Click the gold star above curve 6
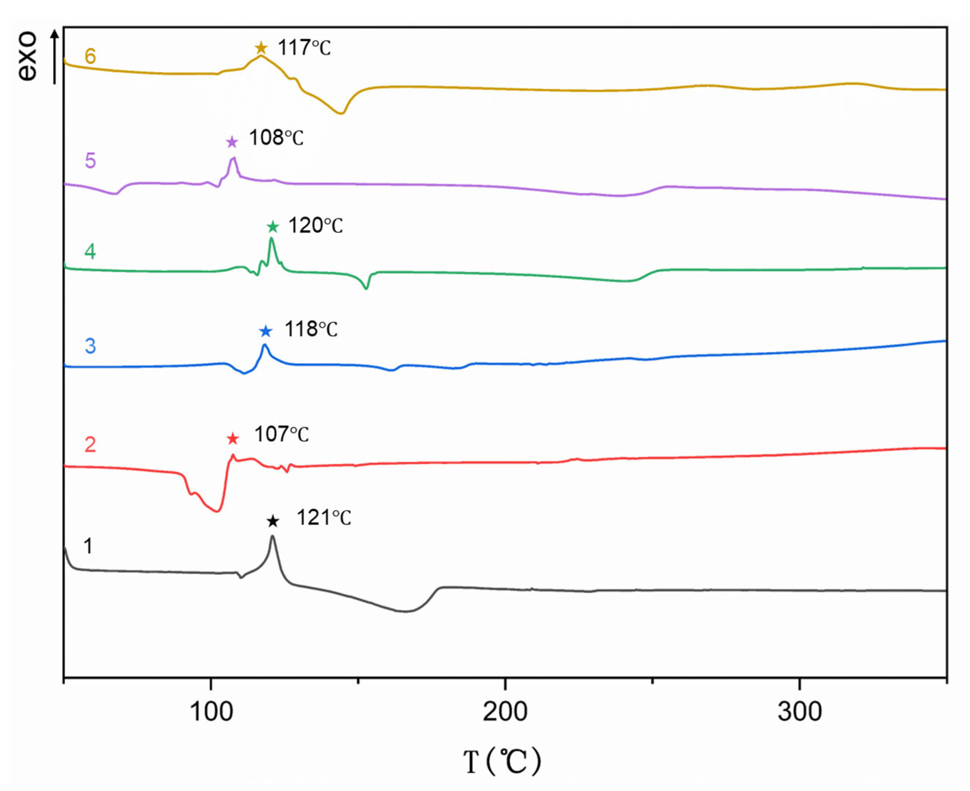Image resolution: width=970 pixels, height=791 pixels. click(x=261, y=48)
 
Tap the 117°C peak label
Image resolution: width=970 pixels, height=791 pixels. click(x=304, y=48)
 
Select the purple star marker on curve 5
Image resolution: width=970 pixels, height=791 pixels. click(x=232, y=142)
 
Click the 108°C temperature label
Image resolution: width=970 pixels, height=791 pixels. click(x=276, y=137)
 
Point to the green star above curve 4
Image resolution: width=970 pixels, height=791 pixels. click(x=273, y=226)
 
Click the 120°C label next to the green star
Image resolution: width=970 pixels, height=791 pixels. click(x=315, y=225)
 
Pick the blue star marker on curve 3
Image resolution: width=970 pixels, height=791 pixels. click(x=266, y=331)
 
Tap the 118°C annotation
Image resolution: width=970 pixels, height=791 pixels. click(x=311, y=329)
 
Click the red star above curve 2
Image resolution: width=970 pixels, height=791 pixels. click(x=233, y=439)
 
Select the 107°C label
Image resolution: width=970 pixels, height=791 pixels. click(x=281, y=435)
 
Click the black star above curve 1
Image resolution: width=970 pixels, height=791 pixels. click(x=273, y=521)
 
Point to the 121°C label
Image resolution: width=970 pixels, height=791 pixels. click(x=324, y=518)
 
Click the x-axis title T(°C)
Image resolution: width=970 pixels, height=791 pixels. click(x=501, y=761)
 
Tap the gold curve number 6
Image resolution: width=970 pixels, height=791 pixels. click(x=90, y=56)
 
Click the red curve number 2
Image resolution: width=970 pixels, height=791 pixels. click(x=90, y=445)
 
